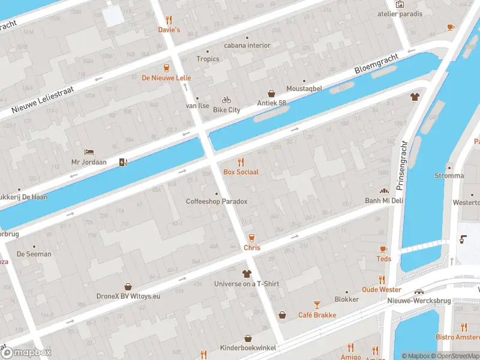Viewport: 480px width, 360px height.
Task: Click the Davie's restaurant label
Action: (x=169, y=29)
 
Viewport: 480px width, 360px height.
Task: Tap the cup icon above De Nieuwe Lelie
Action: (x=167, y=67)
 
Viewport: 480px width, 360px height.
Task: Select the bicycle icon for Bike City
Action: (x=226, y=100)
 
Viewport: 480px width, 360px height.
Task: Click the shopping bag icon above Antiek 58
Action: (x=272, y=94)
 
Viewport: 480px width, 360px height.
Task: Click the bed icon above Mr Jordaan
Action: (x=89, y=152)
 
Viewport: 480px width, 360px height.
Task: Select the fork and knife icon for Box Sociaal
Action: (x=241, y=161)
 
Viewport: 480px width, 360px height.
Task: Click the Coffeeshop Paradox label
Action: (x=217, y=202)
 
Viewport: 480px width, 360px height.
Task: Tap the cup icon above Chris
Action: (x=251, y=238)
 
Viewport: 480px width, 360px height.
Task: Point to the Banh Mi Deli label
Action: (x=384, y=200)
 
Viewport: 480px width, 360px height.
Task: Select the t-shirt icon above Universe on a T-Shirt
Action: (x=247, y=274)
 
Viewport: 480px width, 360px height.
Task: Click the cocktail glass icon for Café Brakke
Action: (x=317, y=305)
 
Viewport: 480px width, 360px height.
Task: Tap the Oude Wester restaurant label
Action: (x=382, y=290)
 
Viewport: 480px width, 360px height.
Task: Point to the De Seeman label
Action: (x=34, y=254)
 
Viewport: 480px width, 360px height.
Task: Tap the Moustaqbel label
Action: (x=304, y=88)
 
